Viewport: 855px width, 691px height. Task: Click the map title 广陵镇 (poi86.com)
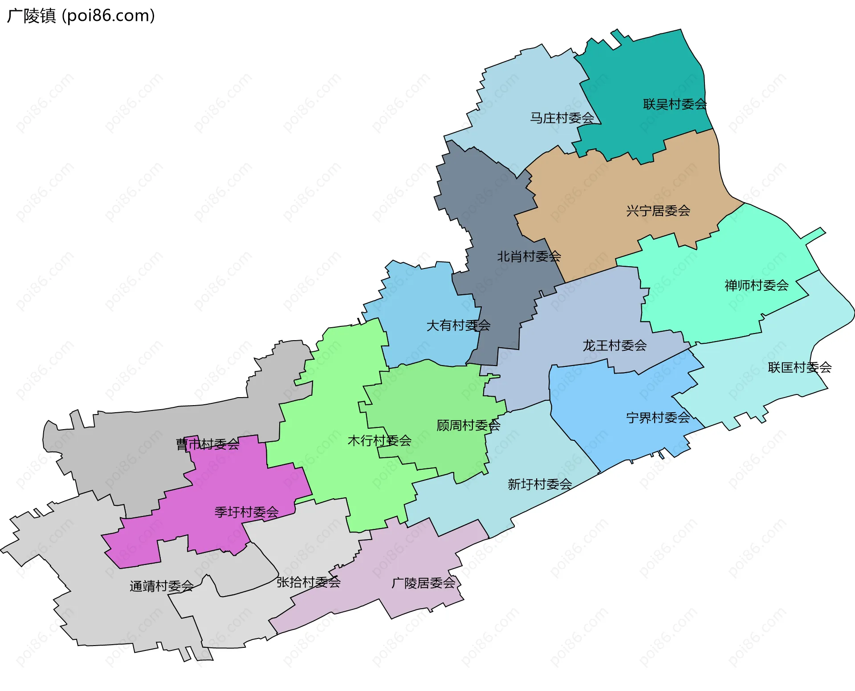(x=81, y=16)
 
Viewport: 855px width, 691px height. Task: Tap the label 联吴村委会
(x=675, y=104)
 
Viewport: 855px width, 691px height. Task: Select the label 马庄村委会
(x=562, y=118)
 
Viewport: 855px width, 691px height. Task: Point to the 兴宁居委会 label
(x=658, y=211)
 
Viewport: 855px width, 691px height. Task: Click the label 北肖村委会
(x=529, y=256)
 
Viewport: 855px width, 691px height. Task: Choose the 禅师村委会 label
(x=756, y=285)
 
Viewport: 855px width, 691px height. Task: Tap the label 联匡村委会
(x=799, y=367)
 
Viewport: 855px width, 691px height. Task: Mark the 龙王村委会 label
(x=615, y=345)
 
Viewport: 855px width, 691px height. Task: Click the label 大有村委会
(x=458, y=325)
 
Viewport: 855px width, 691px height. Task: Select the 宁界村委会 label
(x=658, y=418)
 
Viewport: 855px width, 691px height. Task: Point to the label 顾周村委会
(x=468, y=426)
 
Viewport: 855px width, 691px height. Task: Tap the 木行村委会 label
(x=379, y=441)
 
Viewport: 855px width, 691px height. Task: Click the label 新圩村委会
(x=540, y=484)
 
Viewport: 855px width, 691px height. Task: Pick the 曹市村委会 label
(x=208, y=444)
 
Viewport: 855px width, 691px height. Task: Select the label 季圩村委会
(x=246, y=512)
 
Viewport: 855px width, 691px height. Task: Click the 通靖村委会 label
(x=161, y=586)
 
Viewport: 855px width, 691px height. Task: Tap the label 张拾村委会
(x=308, y=582)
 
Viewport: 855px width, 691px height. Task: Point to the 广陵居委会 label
(x=423, y=583)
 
